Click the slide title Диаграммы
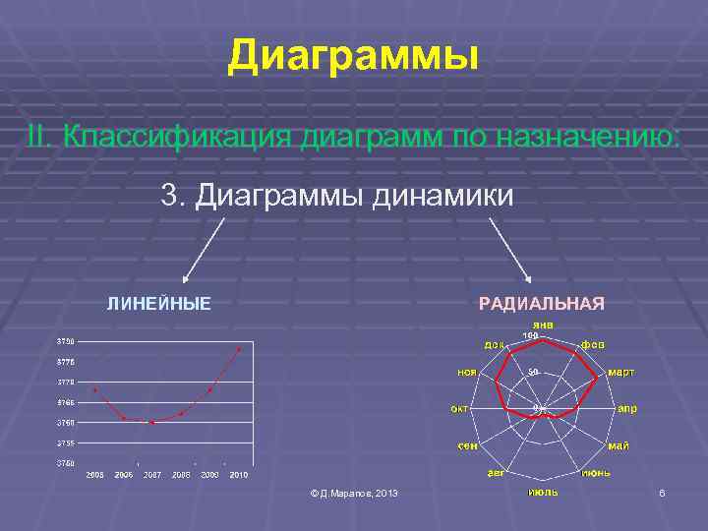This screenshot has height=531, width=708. (353, 57)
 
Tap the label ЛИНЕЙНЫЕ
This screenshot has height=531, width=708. (158, 303)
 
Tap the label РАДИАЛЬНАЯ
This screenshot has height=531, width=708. (541, 303)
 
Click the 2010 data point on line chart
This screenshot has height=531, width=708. (238, 349)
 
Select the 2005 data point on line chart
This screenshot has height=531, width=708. (94, 390)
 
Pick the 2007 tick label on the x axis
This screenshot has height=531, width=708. (152, 475)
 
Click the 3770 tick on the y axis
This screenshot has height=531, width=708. (65, 382)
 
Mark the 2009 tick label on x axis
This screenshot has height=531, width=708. (209, 475)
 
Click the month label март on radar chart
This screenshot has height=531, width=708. (620, 373)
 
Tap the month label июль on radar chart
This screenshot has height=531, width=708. (543, 491)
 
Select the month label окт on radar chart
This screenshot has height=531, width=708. (459, 408)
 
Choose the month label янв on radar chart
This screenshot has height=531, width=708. (543, 324)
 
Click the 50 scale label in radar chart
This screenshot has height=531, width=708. (533, 372)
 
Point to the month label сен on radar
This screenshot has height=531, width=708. (467, 445)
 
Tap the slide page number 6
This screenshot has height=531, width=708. (662, 492)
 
